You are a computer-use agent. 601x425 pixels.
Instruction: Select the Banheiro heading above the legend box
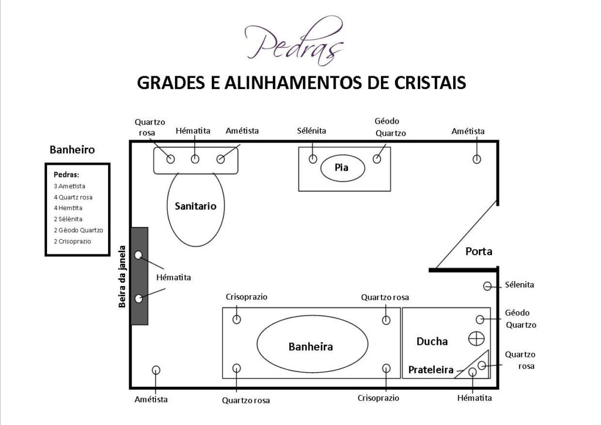[x=72, y=149]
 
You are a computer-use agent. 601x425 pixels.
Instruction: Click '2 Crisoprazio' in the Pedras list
[x=72, y=241]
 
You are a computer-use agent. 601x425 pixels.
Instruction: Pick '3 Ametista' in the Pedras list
[x=69, y=186]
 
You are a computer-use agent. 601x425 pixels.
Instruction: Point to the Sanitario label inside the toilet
[x=195, y=206]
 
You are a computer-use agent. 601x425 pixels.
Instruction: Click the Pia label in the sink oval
[x=342, y=167]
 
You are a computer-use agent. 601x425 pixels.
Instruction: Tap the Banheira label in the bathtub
[x=310, y=346]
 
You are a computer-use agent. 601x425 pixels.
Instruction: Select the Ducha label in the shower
[x=432, y=341]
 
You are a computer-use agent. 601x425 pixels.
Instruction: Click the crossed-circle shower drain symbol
[x=477, y=338]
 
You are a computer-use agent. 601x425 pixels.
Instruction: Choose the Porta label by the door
[x=479, y=251]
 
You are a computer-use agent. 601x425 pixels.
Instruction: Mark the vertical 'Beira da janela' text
[x=122, y=277]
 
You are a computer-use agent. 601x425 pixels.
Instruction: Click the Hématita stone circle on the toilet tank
[x=195, y=159]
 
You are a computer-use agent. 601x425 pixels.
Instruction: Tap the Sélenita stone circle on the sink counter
[x=313, y=158]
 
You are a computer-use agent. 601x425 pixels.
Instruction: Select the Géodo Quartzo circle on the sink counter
[x=377, y=159]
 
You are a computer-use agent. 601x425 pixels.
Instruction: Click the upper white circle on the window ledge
[x=139, y=255]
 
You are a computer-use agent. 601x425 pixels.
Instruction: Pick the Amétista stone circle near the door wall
[x=477, y=159]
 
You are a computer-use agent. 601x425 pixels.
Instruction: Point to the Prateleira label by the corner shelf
[x=431, y=370]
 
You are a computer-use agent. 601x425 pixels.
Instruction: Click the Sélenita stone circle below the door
[x=487, y=286]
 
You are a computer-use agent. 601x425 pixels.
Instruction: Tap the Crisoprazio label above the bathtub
[x=247, y=297]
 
